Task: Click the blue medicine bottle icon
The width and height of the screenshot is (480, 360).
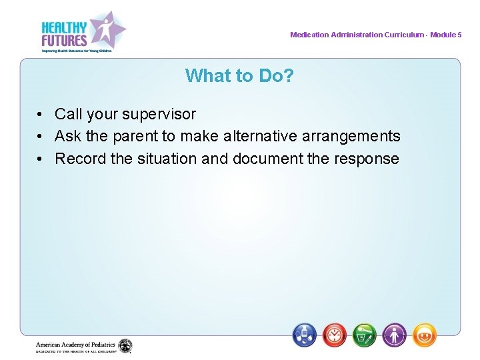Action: pos(305,335)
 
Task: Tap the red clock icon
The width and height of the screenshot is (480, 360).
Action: pos(335,335)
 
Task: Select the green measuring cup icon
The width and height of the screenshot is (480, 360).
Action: pos(365,335)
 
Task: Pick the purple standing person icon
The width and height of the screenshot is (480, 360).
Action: pos(395,335)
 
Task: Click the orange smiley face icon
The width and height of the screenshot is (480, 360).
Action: pos(425,335)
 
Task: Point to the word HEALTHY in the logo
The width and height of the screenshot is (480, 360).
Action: pos(64,27)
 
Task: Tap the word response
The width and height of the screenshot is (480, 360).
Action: pos(367,159)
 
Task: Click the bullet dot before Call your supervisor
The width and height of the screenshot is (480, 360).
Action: pos(41,115)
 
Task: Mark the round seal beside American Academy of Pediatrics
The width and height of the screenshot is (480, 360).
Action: pos(125,346)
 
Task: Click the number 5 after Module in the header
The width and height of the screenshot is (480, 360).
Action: pos(459,35)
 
